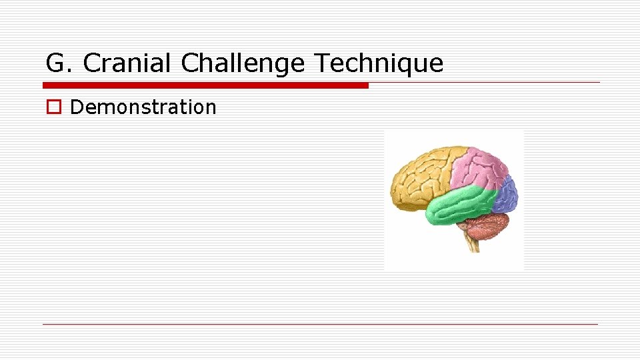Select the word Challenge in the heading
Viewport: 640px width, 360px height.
[243, 63]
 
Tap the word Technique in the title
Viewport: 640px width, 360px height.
[378, 63]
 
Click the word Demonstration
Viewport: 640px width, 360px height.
[143, 107]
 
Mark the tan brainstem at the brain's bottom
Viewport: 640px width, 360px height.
[471, 243]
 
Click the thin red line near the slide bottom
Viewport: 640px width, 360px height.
[320, 324]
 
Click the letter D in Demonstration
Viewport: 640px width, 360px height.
[75, 107]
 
